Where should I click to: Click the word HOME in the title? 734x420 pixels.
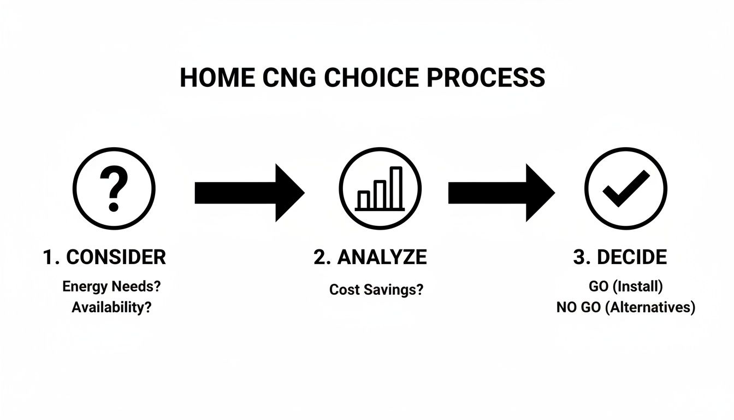(217, 78)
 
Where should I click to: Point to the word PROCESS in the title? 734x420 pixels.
(486, 78)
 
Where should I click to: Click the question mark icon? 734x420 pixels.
(114, 188)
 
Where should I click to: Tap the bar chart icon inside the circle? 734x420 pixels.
(380, 188)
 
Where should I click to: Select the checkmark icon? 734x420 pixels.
(626, 188)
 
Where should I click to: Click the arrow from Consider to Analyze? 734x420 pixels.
(249, 192)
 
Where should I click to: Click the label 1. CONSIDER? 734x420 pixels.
(104, 257)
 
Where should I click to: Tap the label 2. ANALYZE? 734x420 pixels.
(370, 257)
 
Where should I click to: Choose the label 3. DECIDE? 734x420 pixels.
(620, 257)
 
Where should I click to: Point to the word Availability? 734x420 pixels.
(111, 307)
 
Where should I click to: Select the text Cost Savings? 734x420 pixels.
(376, 289)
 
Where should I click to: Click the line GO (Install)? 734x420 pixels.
(626, 286)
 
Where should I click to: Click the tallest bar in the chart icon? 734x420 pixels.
(396, 188)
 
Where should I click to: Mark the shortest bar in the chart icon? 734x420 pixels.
(363, 200)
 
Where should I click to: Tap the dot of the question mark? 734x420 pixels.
(114, 207)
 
